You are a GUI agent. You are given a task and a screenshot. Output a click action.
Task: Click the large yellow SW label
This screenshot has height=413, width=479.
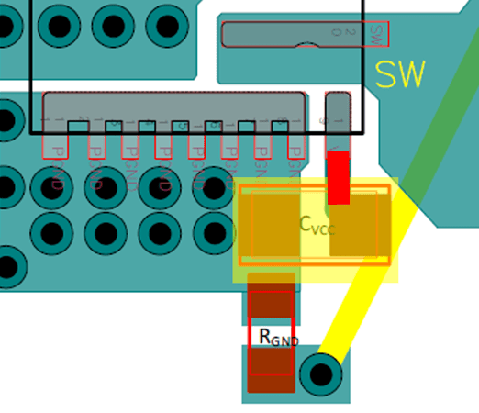(x=400, y=74)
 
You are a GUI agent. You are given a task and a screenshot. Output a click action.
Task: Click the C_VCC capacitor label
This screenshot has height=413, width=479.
(x=317, y=224)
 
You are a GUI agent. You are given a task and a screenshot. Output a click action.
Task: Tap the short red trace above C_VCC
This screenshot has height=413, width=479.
(x=339, y=177)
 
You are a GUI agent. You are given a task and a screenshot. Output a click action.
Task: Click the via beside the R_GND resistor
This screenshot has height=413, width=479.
(x=320, y=374)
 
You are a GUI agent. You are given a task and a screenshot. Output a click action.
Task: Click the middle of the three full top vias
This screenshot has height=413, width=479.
(x=113, y=26)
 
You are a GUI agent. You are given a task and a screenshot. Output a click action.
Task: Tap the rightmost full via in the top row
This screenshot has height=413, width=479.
(x=167, y=26)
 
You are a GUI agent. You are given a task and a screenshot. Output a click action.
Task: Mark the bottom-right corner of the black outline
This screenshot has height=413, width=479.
(x=363, y=133)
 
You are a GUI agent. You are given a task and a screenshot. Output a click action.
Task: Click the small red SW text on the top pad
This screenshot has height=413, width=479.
(x=374, y=34)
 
